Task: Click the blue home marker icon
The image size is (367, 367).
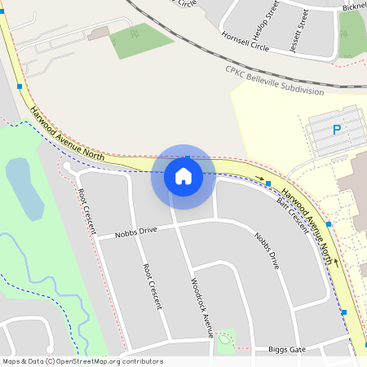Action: [183, 176]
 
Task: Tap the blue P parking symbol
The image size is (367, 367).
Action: [336, 130]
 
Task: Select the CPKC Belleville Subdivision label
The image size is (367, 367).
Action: [274, 80]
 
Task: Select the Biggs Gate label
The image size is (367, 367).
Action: [287, 350]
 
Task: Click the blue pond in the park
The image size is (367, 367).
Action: [23, 188]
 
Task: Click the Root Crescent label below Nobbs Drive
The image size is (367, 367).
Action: [152, 286]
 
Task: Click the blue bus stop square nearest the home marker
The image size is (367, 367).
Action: [268, 183]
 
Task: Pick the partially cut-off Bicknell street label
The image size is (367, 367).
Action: [354, 7]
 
